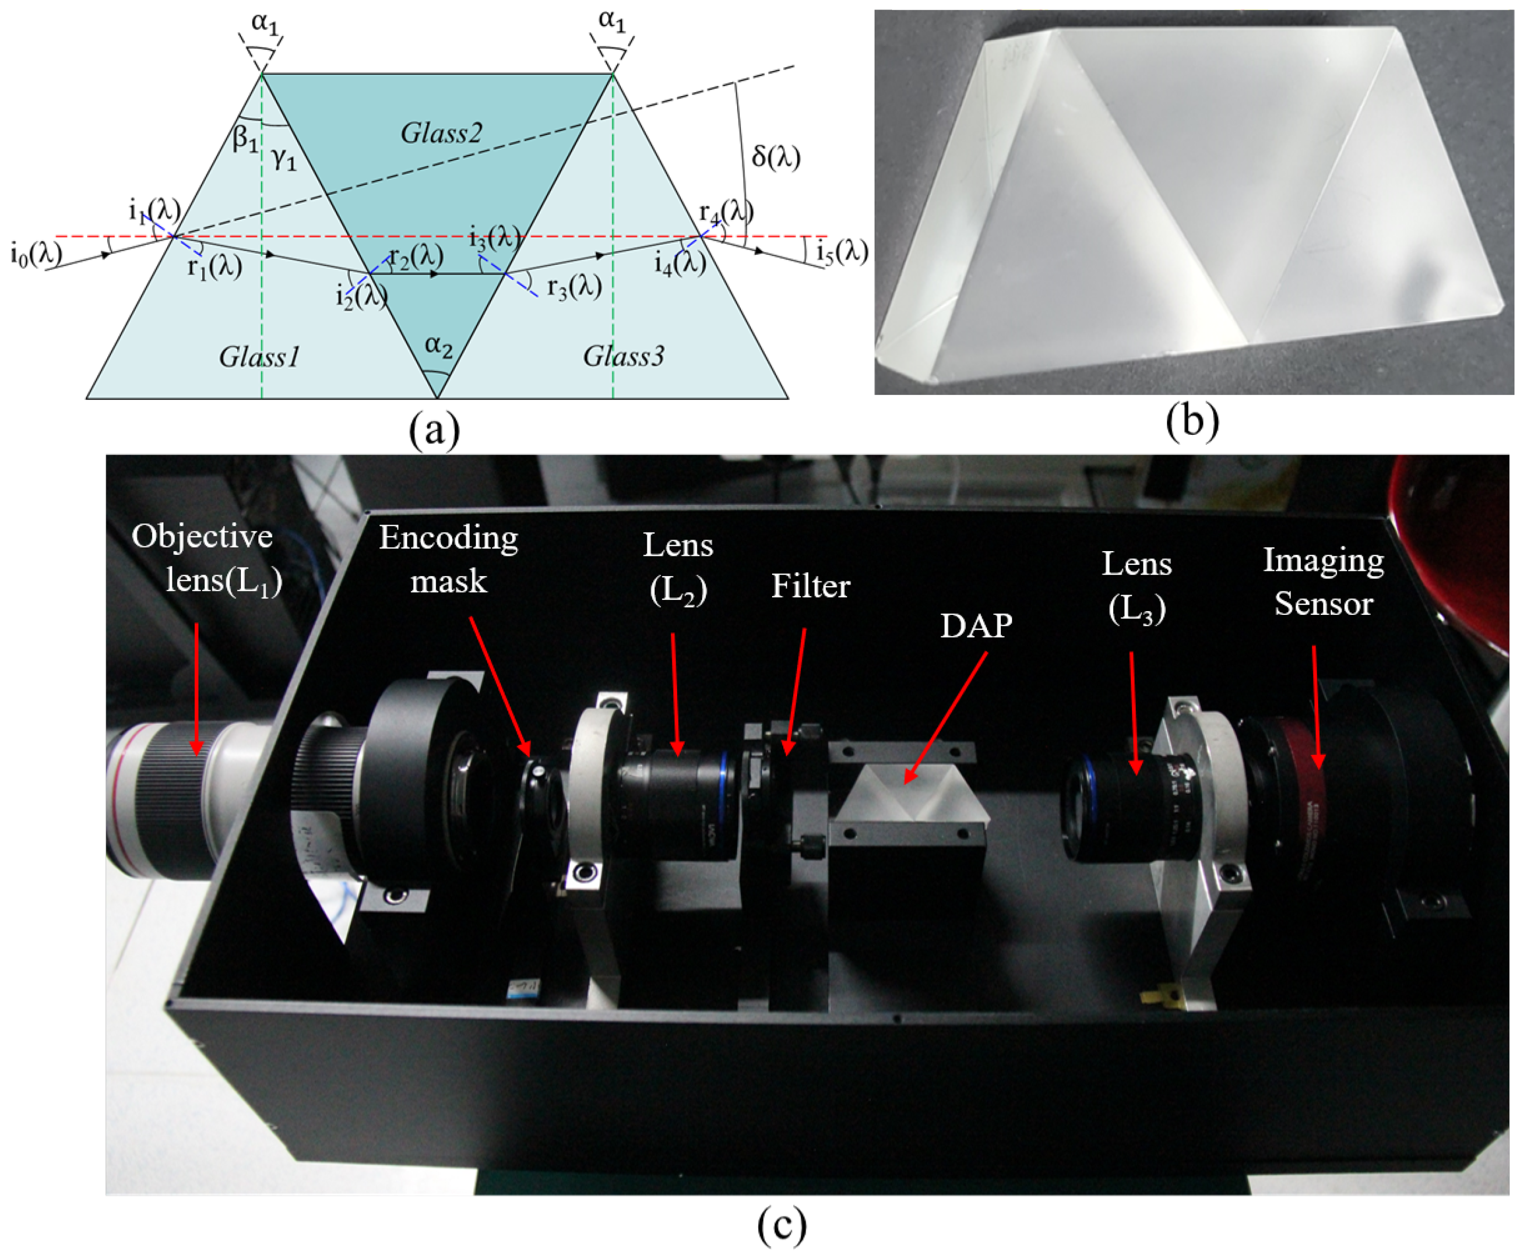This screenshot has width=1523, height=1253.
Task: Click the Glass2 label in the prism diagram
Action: pos(441,133)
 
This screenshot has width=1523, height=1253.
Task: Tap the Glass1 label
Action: pos(259,357)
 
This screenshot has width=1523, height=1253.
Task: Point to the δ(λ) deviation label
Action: pos(776,157)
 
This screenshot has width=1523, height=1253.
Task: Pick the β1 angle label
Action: pos(245,139)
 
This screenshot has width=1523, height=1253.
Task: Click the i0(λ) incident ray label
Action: pos(36,255)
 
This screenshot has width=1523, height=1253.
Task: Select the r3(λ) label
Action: pos(574,287)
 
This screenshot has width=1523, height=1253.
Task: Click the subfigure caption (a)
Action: pos(434,431)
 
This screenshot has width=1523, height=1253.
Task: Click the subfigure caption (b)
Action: pos(1192,421)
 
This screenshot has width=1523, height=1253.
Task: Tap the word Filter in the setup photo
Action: pos(810,586)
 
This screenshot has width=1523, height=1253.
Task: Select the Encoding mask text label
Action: pos(448,559)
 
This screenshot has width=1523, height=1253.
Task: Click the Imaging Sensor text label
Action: pos(1322,582)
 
